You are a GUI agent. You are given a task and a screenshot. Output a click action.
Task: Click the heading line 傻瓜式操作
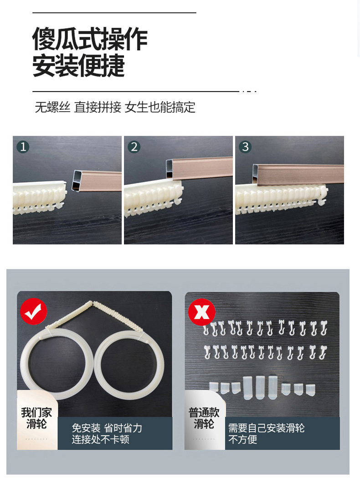[90, 39]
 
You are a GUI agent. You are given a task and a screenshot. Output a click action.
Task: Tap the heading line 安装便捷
[78, 66]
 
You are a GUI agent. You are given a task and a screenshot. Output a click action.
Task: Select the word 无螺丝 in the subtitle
[53, 107]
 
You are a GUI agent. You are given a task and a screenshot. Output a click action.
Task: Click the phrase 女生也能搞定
[160, 107]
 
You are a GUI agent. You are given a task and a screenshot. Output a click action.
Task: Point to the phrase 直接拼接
[98, 107]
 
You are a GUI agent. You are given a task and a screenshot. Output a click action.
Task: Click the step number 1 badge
[23, 147]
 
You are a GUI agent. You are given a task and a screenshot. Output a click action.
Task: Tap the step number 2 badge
[134, 147]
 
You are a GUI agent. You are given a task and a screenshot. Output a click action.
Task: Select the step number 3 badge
[245, 147]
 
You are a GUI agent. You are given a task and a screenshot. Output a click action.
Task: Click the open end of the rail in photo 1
[77, 181]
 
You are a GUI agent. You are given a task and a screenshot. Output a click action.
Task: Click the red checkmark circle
[33, 311]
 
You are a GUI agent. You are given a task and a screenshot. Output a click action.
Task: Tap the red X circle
[201, 312]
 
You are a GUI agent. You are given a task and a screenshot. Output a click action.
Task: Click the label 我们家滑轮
[36, 418]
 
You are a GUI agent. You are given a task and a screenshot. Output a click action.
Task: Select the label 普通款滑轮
[204, 418]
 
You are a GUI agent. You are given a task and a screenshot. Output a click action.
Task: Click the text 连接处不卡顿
[100, 439]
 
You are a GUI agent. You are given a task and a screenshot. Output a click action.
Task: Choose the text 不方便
[242, 439]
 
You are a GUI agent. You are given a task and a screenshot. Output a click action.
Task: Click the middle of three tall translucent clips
[260, 387]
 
